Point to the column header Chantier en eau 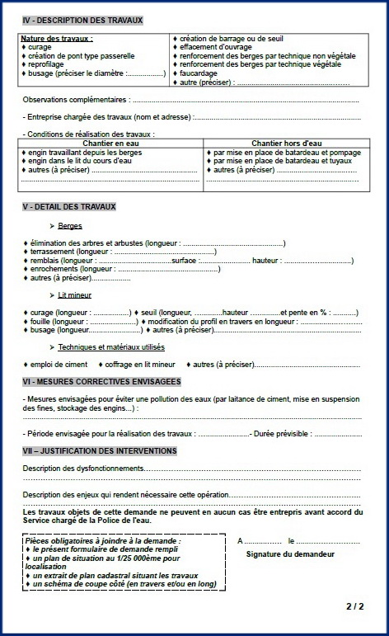pos(109,144)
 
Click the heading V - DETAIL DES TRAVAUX pos(70,206)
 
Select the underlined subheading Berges pos(70,225)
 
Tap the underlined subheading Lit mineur pos(75,294)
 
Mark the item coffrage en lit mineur pos(140,364)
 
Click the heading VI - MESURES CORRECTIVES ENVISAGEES pos(102,382)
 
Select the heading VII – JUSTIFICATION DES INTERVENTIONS pos(101,450)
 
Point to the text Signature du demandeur pos(290,554)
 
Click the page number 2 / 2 pos(355,606)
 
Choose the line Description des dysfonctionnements pos(82,469)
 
